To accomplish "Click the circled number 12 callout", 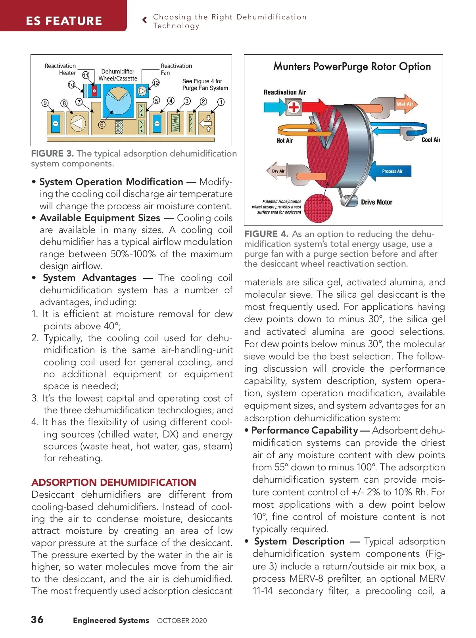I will click(x=156, y=82).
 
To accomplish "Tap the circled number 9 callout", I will click(x=45, y=103).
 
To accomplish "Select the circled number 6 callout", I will click(x=102, y=124).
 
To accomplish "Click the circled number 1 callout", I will click(x=221, y=102).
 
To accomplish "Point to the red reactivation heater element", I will click(x=94, y=91).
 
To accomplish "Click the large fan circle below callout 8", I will click(x=78, y=123).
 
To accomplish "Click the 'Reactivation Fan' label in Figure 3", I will click(x=176, y=69).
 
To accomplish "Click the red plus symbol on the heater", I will click(x=294, y=107).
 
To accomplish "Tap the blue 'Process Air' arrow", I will click(x=391, y=171).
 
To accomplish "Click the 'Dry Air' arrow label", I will click(x=278, y=171).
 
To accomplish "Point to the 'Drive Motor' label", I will click(x=376, y=202).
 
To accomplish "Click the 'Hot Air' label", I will click(x=284, y=141).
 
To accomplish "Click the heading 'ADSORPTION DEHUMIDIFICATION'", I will click(x=114, y=482).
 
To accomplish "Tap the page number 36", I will click(x=37, y=619).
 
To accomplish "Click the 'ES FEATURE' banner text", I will click(x=64, y=21).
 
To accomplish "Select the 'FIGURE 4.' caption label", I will click(x=266, y=234).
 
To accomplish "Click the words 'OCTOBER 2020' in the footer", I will click(x=182, y=621).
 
